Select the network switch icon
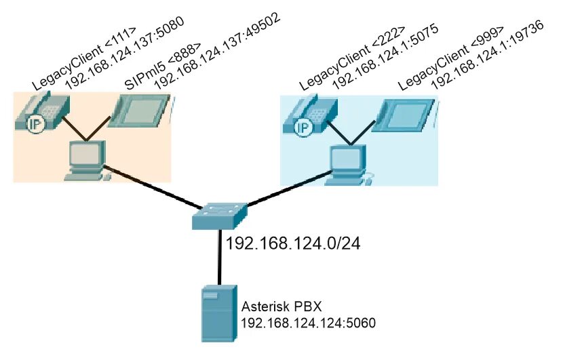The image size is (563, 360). (x=219, y=216)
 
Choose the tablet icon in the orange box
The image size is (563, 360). (x=140, y=109)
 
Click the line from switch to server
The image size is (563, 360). (x=219, y=258)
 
